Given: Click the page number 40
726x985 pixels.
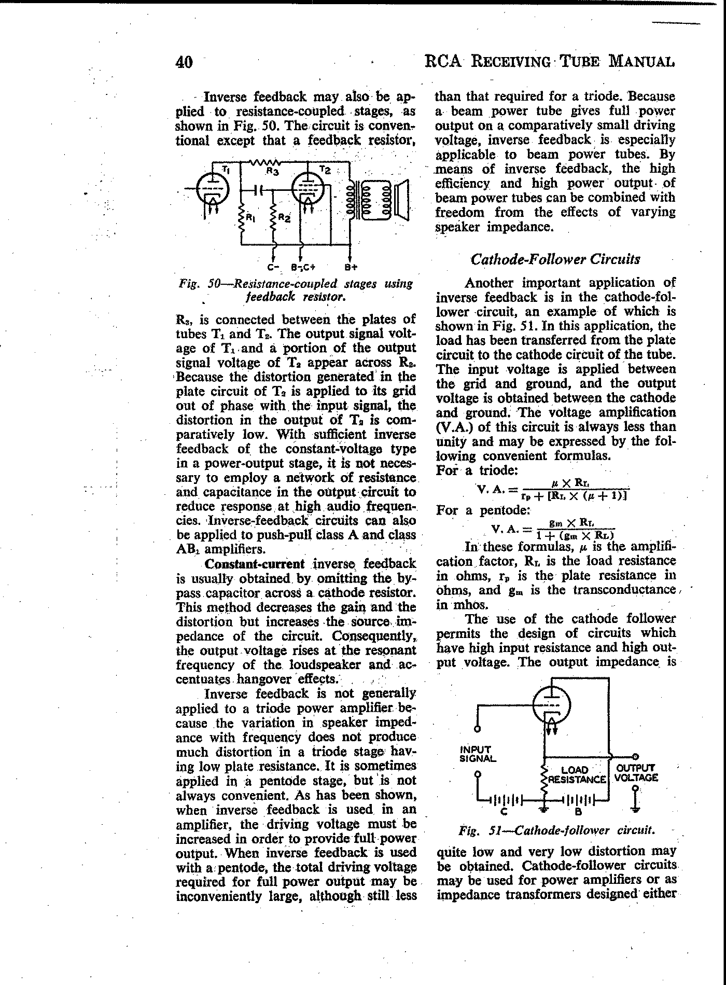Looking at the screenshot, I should pos(184,62).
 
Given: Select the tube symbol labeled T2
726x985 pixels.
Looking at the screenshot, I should pos(307,187).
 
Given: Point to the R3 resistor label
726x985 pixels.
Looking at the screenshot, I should pos(272,170).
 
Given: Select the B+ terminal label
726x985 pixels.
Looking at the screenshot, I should pos(351,268).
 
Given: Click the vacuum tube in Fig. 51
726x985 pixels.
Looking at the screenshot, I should pos(552,706).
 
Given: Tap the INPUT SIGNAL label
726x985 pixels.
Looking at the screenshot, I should pos(478,754).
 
